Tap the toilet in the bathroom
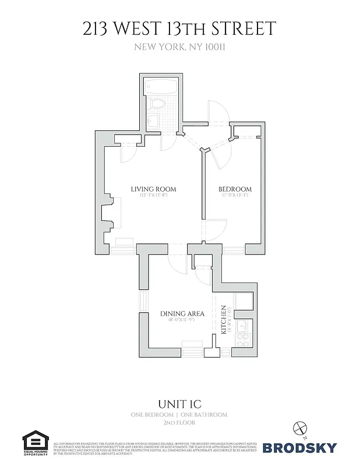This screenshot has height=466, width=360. coord(155,104)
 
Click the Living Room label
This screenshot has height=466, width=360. coord(153,189)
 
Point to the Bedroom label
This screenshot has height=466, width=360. coord(235,189)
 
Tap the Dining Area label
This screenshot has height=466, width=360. coord(182,314)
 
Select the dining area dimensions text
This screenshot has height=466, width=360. coord(182,320)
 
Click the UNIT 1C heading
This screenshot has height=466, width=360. coord(180,403)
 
